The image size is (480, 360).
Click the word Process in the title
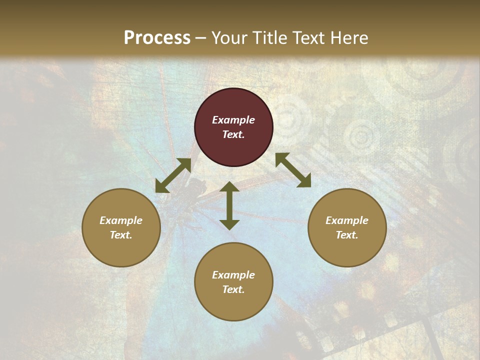[157, 38]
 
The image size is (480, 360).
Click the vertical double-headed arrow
[229, 205]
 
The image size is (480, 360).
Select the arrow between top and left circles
[173, 176]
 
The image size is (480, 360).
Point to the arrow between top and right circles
[293, 170]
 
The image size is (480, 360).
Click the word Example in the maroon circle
[233, 120]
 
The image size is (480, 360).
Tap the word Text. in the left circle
[121, 235]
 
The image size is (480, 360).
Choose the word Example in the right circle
[347, 220]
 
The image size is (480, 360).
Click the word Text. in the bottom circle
[233, 289]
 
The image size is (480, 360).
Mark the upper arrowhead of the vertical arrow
[229, 187]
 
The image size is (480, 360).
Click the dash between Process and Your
[201, 38]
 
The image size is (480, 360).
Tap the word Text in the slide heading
[307, 38]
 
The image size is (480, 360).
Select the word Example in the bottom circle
[233, 275]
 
